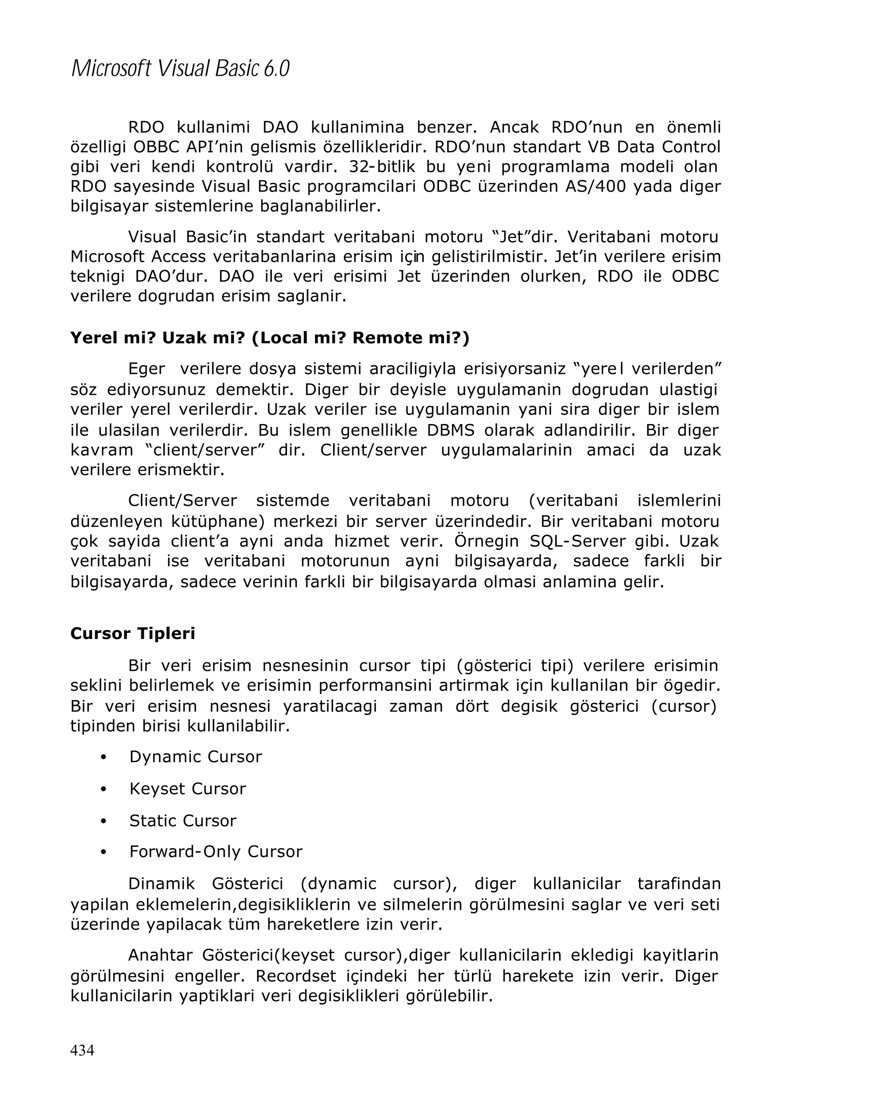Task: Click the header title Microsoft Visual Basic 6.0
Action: [x=180, y=69]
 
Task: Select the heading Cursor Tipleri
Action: [x=133, y=634]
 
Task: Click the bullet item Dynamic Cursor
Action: [x=195, y=757]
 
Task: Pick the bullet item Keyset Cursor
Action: [x=188, y=789]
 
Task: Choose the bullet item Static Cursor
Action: [x=182, y=820]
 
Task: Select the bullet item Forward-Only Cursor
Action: [x=216, y=852]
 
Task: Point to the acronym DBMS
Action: [x=451, y=430]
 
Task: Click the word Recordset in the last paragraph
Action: [x=296, y=976]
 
